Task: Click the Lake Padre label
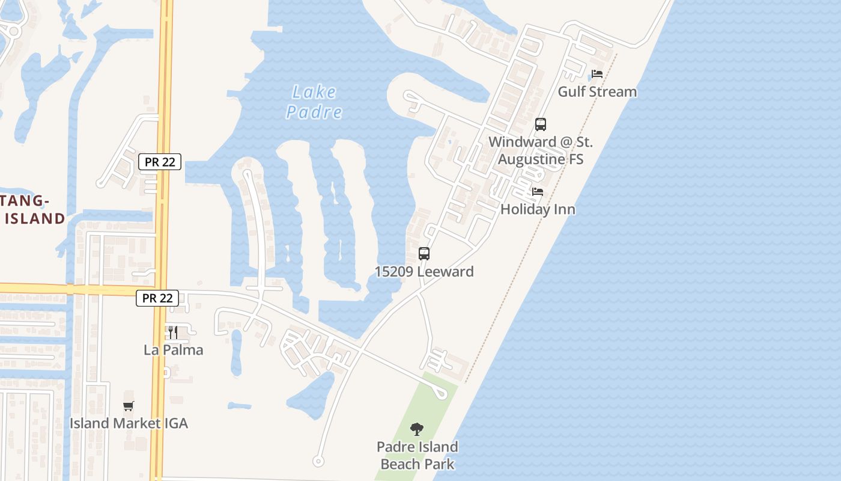point(314,102)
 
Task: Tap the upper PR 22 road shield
point(159,161)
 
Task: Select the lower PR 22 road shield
point(157,298)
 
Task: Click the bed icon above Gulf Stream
point(597,74)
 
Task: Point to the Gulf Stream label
point(597,92)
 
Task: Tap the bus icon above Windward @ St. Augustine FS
point(541,124)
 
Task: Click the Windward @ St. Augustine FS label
point(541,151)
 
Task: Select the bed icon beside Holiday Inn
point(538,192)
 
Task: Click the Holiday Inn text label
point(538,209)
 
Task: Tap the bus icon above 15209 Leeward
point(424,253)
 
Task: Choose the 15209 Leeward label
point(424,271)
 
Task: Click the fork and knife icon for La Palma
point(173,331)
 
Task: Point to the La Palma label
point(174,349)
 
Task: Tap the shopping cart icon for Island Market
point(129,406)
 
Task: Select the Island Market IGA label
point(129,423)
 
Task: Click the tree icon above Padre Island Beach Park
point(417,429)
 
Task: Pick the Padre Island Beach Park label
point(417,455)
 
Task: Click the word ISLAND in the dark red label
point(34,218)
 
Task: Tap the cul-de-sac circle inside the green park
point(442,394)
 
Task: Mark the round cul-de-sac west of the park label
point(318,461)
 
